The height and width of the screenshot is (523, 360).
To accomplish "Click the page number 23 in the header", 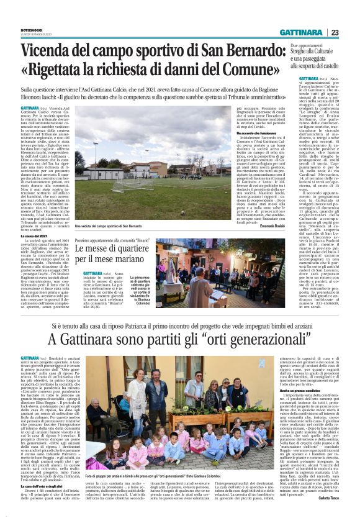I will point(335,32).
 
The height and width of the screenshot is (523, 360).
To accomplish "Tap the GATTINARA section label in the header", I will point(299,32).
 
